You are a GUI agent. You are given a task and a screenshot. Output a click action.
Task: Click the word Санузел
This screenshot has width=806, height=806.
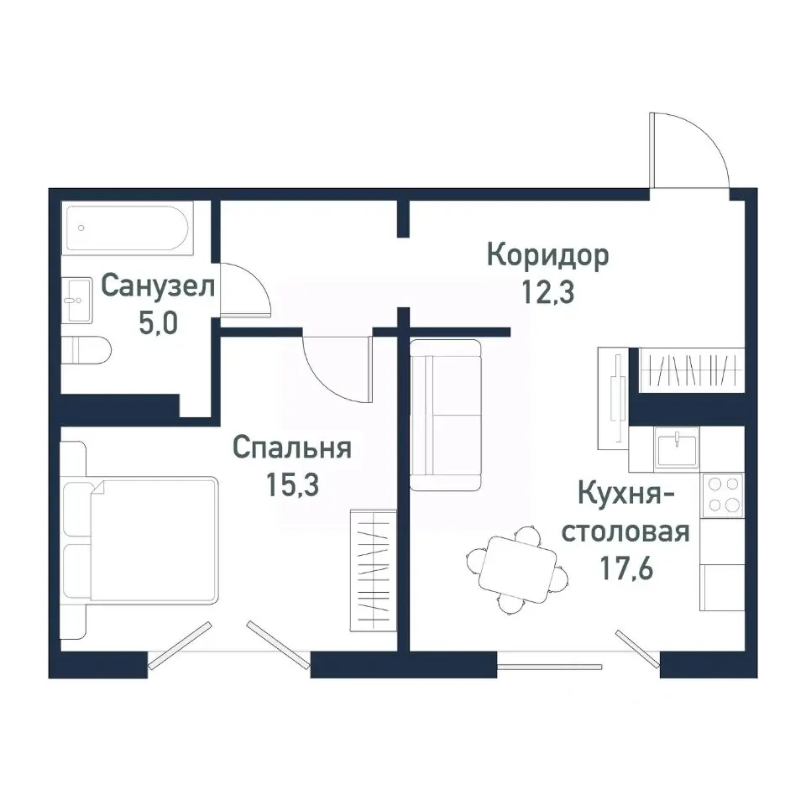158,287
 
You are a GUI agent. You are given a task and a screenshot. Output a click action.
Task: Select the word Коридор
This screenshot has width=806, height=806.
548,256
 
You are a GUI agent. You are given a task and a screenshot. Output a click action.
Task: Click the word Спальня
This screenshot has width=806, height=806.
291,447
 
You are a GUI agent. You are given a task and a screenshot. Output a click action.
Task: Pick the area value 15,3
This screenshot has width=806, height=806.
291,484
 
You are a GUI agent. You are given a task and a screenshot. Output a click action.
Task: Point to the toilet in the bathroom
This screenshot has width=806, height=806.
86,349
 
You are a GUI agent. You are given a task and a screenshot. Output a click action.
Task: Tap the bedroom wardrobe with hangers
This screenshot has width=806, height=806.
371,568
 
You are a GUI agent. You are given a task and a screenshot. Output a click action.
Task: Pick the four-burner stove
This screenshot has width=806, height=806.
723,495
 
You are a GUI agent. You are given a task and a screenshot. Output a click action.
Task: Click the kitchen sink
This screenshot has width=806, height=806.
678,448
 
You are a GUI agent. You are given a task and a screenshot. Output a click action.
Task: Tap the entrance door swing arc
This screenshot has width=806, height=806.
691,149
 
